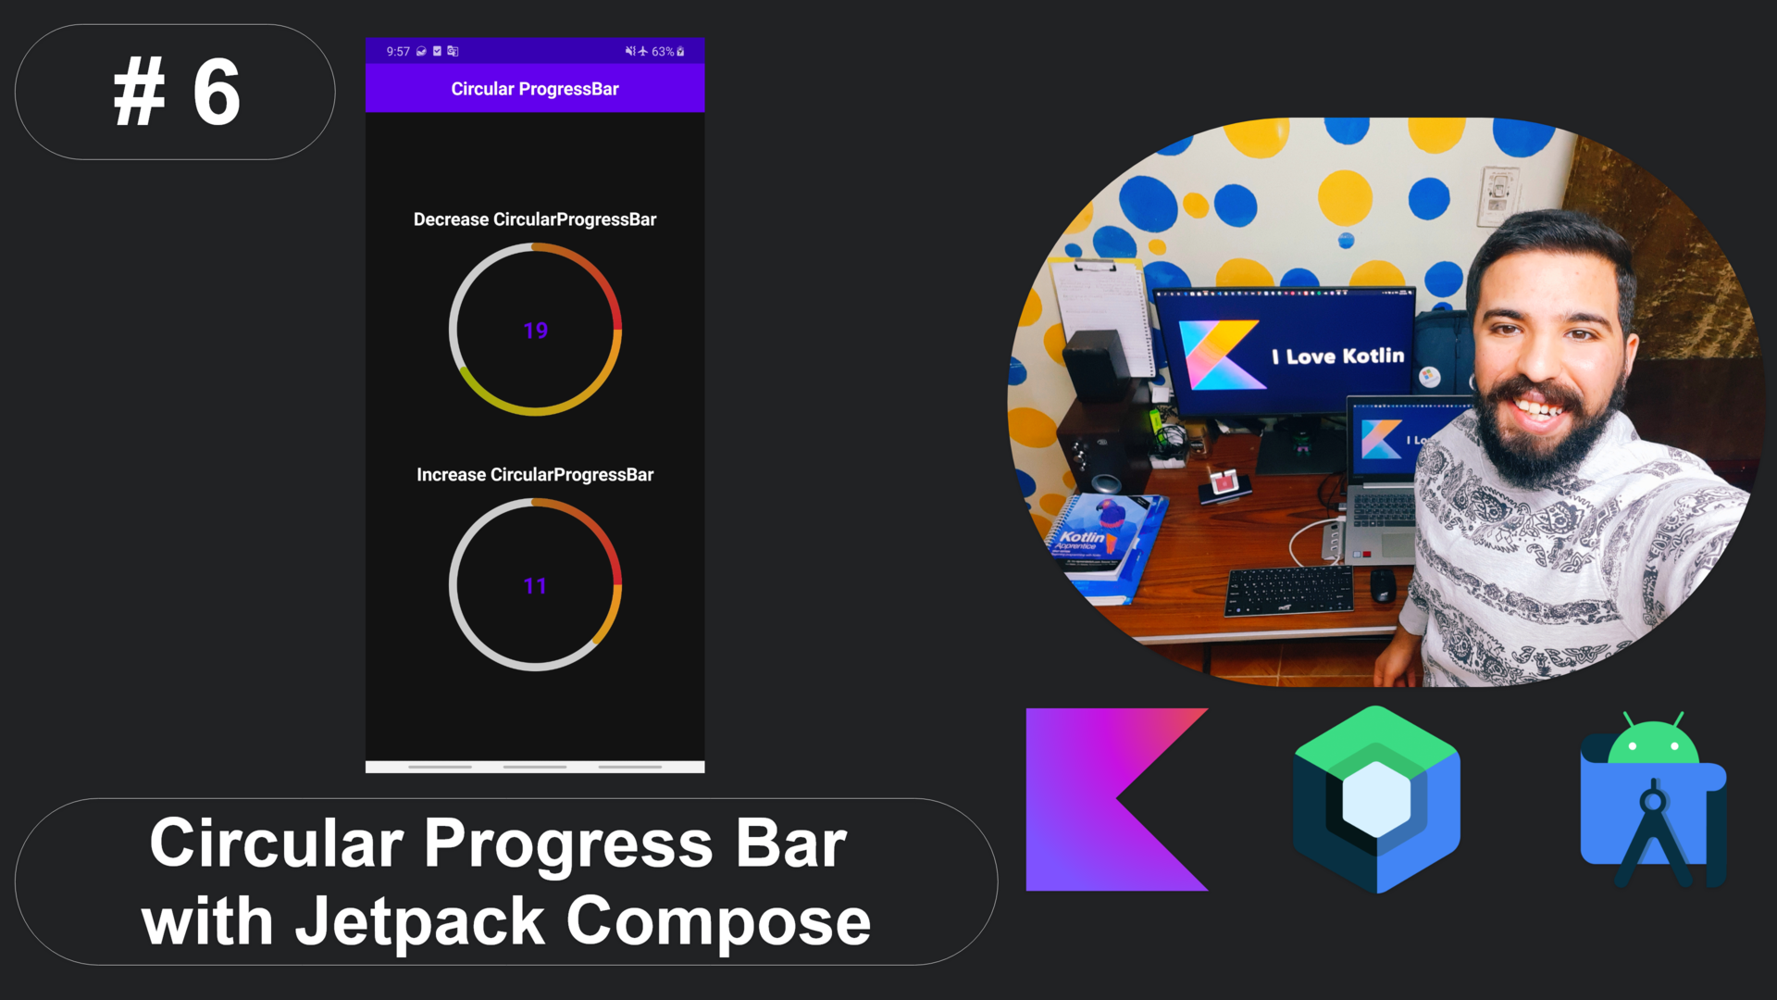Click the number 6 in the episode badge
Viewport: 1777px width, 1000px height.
(x=216, y=93)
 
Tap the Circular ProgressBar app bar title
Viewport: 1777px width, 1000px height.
(x=534, y=89)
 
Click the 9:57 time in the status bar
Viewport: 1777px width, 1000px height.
(x=398, y=52)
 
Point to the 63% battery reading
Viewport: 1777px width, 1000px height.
(x=662, y=52)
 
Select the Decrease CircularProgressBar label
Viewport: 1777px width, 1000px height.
(x=534, y=219)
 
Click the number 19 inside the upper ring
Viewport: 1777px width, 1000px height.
(x=535, y=331)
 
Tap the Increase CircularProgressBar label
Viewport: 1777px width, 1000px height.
(x=534, y=475)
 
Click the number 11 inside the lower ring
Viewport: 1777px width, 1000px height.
(x=535, y=586)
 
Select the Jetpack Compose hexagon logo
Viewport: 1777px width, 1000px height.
(x=1376, y=798)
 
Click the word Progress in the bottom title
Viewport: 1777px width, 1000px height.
(x=568, y=844)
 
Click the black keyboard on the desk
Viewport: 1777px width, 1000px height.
(x=1289, y=590)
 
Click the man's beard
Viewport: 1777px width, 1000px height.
(x=1536, y=444)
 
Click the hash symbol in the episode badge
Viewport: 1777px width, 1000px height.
(x=139, y=93)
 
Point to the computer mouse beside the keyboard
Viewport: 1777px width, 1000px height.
(x=1383, y=584)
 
